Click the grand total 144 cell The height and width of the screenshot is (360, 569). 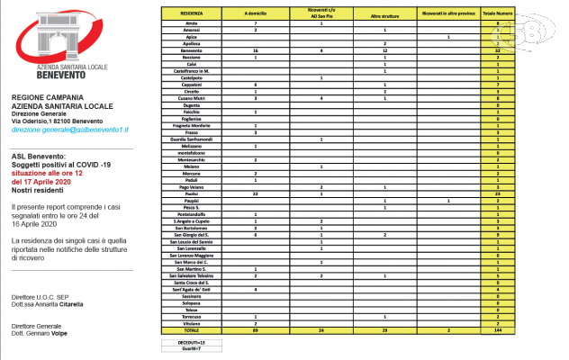(522, 332)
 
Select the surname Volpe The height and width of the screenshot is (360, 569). (81, 331)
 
